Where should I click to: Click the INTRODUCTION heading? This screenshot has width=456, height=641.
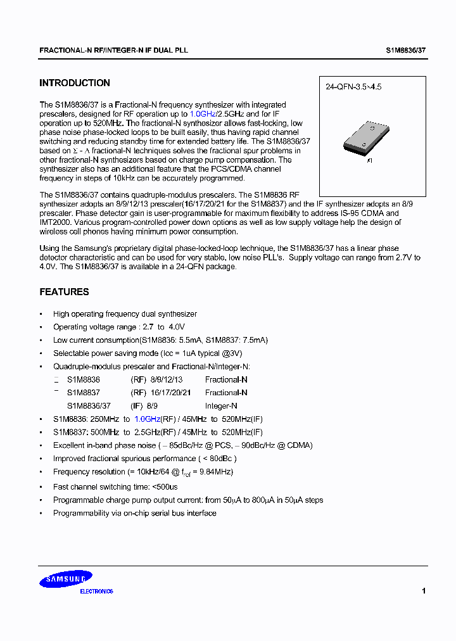pyautogui.click(x=75, y=83)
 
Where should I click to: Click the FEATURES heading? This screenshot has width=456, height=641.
pyautogui.click(x=64, y=292)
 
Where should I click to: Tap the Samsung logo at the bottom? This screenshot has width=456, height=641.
pyautogui.click(x=68, y=578)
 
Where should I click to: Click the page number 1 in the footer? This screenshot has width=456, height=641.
pyautogui.click(x=423, y=591)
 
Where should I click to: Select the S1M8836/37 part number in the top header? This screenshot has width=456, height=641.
pyautogui.click(x=407, y=49)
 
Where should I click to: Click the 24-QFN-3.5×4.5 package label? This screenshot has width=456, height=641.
pyautogui.click(x=353, y=88)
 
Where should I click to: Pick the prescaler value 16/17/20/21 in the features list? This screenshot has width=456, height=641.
pyautogui.click(x=170, y=393)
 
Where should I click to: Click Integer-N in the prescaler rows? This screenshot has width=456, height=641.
pyautogui.click(x=221, y=406)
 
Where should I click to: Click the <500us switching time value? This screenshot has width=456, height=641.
pyautogui.click(x=165, y=486)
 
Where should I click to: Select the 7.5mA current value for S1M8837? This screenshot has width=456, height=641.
pyautogui.click(x=253, y=340)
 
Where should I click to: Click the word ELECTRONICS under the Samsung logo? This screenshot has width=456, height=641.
pyautogui.click(x=96, y=592)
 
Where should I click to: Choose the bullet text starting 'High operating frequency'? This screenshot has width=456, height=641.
pyautogui.click(x=125, y=314)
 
